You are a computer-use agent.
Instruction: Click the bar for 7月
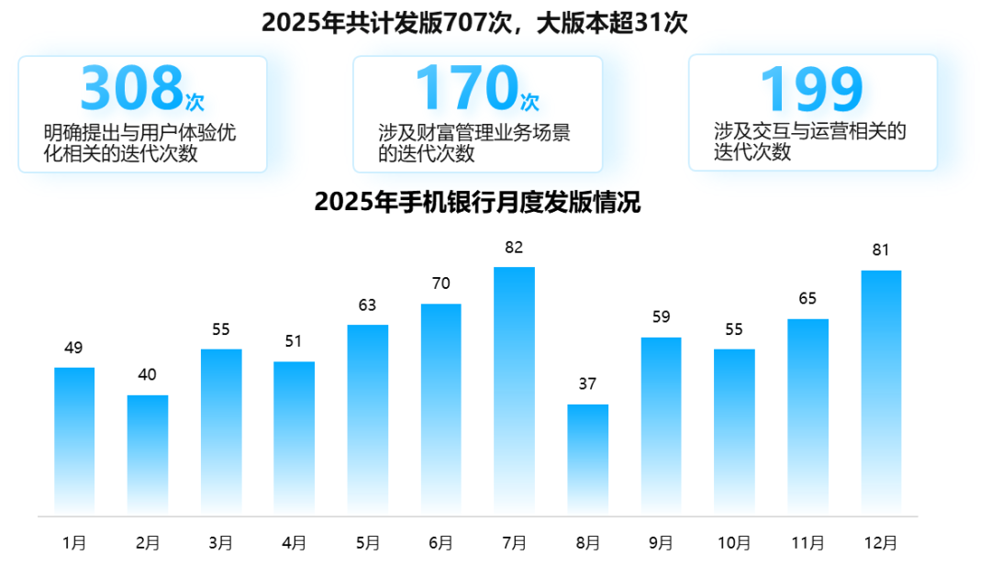pyautogui.click(x=514, y=389)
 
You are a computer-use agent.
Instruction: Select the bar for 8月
pyautogui.click(x=587, y=458)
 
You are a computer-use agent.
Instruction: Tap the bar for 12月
pyautogui.click(x=881, y=391)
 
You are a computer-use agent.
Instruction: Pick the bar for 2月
pyautogui.click(x=148, y=453)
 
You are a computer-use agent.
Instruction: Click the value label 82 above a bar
pyautogui.click(x=514, y=248)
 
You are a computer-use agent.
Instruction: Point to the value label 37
pyautogui.click(x=587, y=384)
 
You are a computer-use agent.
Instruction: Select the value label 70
pyautogui.click(x=440, y=283)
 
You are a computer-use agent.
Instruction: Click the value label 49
pyautogui.click(x=74, y=348)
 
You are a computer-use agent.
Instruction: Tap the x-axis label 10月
pyautogui.click(x=734, y=543)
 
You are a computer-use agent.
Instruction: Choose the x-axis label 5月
pyautogui.click(x=367, y=543)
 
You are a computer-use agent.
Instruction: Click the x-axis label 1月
pyautogui.click(x=74, y=543)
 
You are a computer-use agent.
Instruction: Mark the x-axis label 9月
pyautogui.click(x=661, y=543)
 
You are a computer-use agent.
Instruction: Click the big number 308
pyautogui.click(x=131, y=89)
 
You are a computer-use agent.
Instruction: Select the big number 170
pyautogui.click(x=466, y=89)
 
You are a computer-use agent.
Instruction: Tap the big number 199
pyautogui.click(x=811, y=89)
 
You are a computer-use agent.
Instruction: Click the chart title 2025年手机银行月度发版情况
pyautogui.click(x=477, y=202)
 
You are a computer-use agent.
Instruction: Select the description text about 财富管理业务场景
pyautogui.click(x=474, y=143)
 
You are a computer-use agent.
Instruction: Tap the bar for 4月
pyautogui.click(x=294, y=437)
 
